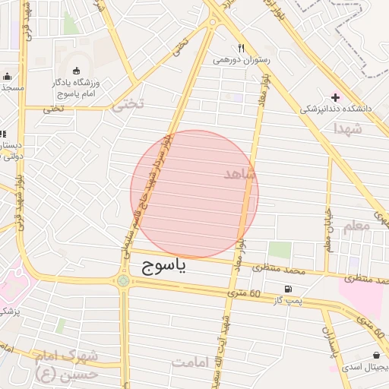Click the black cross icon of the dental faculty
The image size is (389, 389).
pyautogui.click(x=335, y=97)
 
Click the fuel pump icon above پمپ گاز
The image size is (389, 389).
pyautogui.click(x=287, y=289)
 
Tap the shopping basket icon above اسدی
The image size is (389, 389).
pyautogui.click(x=378, y=355)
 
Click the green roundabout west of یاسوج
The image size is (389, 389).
pyautogui.click(x=123, y=282)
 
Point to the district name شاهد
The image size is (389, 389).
pyautogui.click(x=242, y=175)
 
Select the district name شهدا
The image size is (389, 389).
pyautogui.click(x=368, y=130)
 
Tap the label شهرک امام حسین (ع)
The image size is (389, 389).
pyautogui.click(x=66, y=365)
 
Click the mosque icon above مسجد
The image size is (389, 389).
pyautogui.click(x=8, y=76)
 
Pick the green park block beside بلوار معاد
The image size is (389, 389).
pyautogui.click(x=280, y=249)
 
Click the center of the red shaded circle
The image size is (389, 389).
pyautogui.click(x=194, y=194)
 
